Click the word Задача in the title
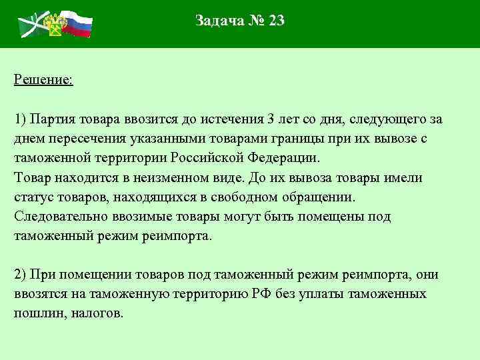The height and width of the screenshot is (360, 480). click(219, 21)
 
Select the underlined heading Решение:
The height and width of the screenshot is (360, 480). click(43, 80)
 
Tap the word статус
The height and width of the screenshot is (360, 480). click(32, 198)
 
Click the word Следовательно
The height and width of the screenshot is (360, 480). click(57, 217)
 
